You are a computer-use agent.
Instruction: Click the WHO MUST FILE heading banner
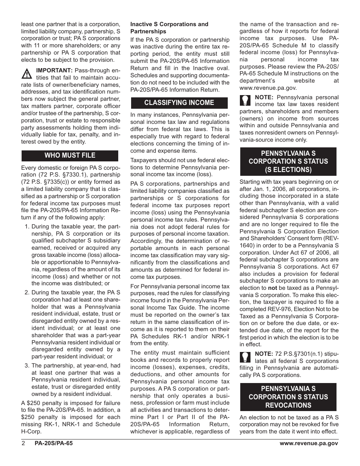[70, 155]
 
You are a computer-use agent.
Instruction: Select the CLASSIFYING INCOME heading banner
[179, 103]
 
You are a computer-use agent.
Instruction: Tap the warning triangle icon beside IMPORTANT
[27, 73]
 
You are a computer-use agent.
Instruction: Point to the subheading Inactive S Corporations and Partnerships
[169, 28]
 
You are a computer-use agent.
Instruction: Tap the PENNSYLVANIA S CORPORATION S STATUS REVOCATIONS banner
[288, 397]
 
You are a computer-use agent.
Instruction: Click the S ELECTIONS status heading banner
[288, 161]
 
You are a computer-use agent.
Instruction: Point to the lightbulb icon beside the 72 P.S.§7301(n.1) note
[245, 357]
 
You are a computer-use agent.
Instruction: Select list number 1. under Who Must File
[27, 227]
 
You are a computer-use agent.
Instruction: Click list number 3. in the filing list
[27, 366]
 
